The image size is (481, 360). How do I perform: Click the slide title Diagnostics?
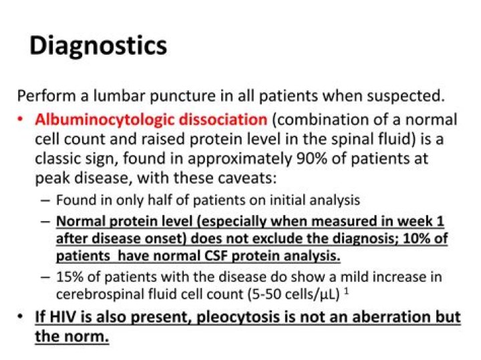click(98, 46)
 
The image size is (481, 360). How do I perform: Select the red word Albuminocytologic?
click(100, 120)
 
